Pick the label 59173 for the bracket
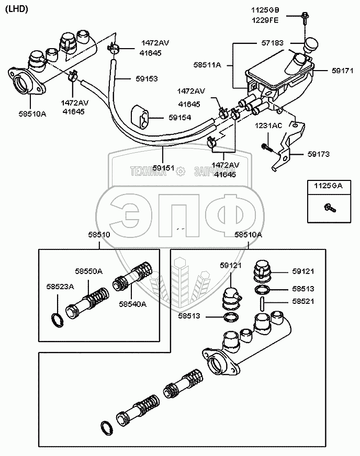point(318,154)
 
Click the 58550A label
point(88,271)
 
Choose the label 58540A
point(133,303)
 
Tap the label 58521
point(303,302)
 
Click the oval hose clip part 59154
point(141,116)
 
